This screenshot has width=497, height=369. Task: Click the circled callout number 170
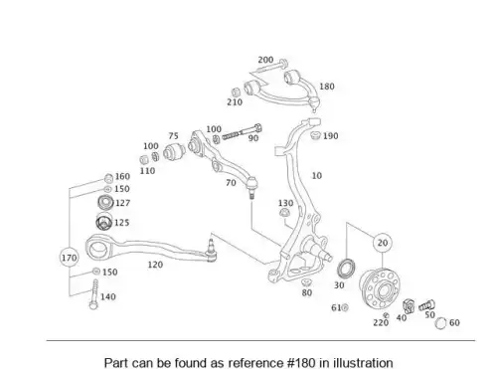(70, 258)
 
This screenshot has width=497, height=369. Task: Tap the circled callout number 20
(383, 243)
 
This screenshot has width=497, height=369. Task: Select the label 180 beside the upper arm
(327, 87)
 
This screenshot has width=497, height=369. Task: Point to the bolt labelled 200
(269, 67)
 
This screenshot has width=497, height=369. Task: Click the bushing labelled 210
(236, 92)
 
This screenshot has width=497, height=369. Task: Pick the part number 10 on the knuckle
(317, 176)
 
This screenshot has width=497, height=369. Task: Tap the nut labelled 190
(315, 135)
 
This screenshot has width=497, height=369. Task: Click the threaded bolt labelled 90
(243, 131)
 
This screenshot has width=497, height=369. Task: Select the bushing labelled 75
(175, 151)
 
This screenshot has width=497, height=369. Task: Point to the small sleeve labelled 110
(144, 159)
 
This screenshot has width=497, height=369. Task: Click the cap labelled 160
(108, 178)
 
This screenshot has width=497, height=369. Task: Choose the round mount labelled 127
(106, 202)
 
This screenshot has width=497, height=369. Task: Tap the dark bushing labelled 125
(103, 222)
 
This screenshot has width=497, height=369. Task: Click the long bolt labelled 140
(94, 294)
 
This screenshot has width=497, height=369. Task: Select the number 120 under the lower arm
(155, 265)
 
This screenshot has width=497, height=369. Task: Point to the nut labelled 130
(284, 213)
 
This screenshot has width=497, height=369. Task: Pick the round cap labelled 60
(440, 323)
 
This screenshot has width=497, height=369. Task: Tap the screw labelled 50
(426, 305)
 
